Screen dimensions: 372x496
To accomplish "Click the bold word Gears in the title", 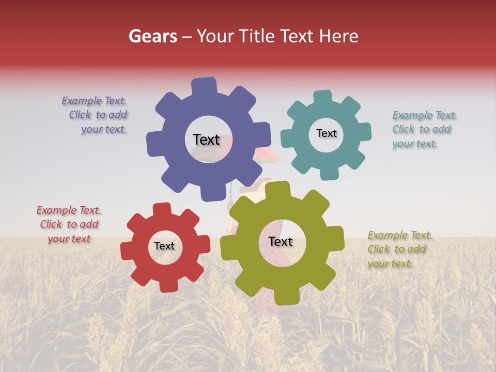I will (x=152, y=36).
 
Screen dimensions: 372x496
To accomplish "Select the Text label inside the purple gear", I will (x=206, y=139).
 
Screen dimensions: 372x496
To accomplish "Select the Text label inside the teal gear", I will (x=326, y=133).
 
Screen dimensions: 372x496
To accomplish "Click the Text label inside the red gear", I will (x=164, y=246).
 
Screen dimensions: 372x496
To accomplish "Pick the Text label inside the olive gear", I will (x=280, y=242).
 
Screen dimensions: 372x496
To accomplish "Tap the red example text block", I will (x=69, y=224).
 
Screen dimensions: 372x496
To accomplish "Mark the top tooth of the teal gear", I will (x=322, y=97).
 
